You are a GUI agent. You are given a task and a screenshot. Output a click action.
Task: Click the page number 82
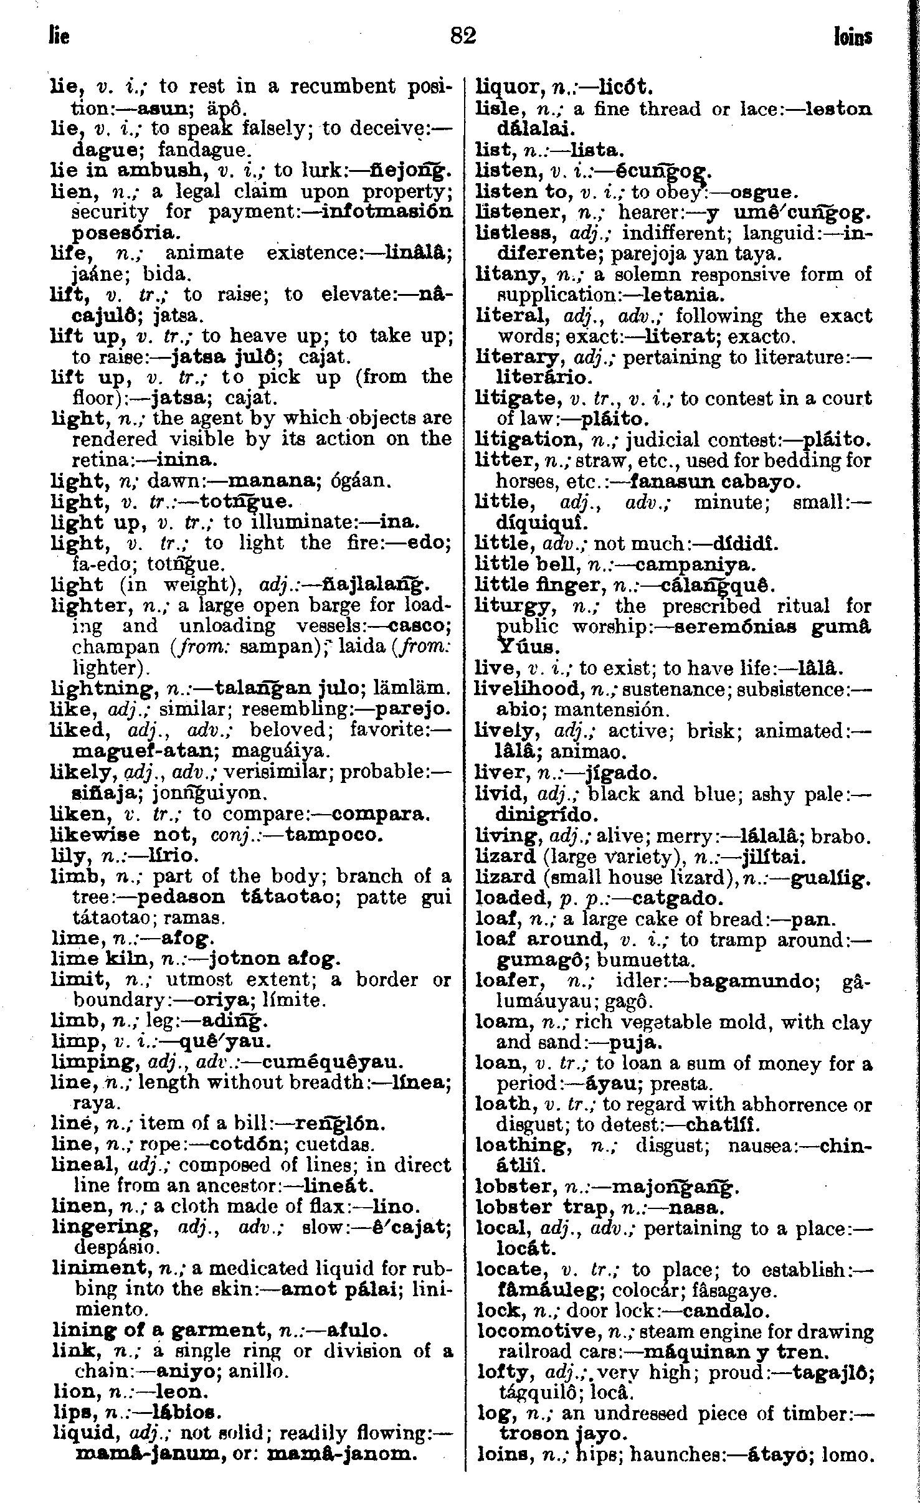coord(463,36)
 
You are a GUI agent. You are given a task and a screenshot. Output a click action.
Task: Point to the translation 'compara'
coord(379,813)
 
